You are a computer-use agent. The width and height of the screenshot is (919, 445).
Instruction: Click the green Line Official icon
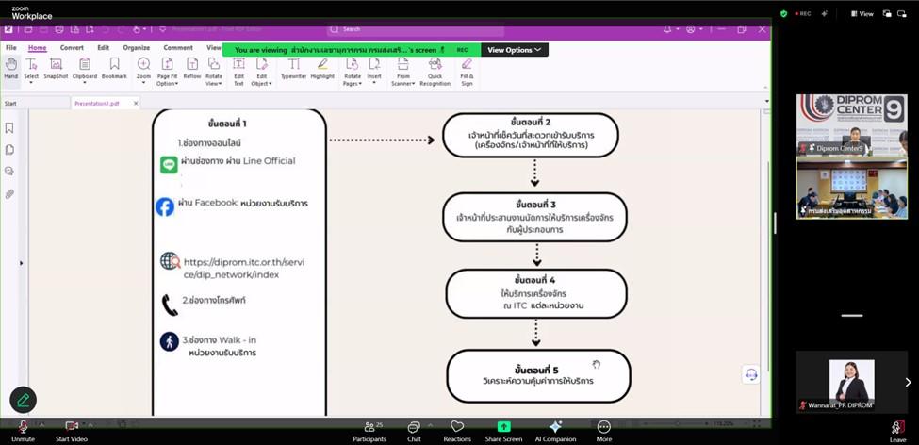click(169, 165)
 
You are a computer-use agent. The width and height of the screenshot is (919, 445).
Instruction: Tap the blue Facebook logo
click(165, 206)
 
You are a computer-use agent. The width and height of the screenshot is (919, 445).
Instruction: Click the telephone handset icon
click(170, 305)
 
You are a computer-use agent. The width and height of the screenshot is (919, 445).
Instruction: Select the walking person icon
click(169, 341)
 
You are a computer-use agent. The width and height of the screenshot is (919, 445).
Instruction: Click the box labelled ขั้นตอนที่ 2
click(531, 134)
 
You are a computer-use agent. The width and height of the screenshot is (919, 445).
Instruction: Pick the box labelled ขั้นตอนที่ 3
click(534, 217)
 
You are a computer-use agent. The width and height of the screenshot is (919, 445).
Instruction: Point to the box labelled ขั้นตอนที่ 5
click(537, 374)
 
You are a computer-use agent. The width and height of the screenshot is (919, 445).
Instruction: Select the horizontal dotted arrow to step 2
click(382, 140)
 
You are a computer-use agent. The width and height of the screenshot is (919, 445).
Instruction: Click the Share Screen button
click(503, 431)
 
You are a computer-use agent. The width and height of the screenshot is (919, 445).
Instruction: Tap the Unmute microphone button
click(24, 431)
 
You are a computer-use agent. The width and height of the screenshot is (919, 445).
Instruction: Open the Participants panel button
click(369, 431)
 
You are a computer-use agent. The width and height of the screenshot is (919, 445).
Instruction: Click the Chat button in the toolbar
click(414, 431)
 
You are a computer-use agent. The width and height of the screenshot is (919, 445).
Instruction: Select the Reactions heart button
click(457, 431)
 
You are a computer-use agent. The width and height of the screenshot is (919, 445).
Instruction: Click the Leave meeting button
click(897, 431)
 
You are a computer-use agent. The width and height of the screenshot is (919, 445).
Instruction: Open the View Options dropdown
click(515, 50)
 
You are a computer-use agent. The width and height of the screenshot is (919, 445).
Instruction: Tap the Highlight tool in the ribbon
click(322, 69)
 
